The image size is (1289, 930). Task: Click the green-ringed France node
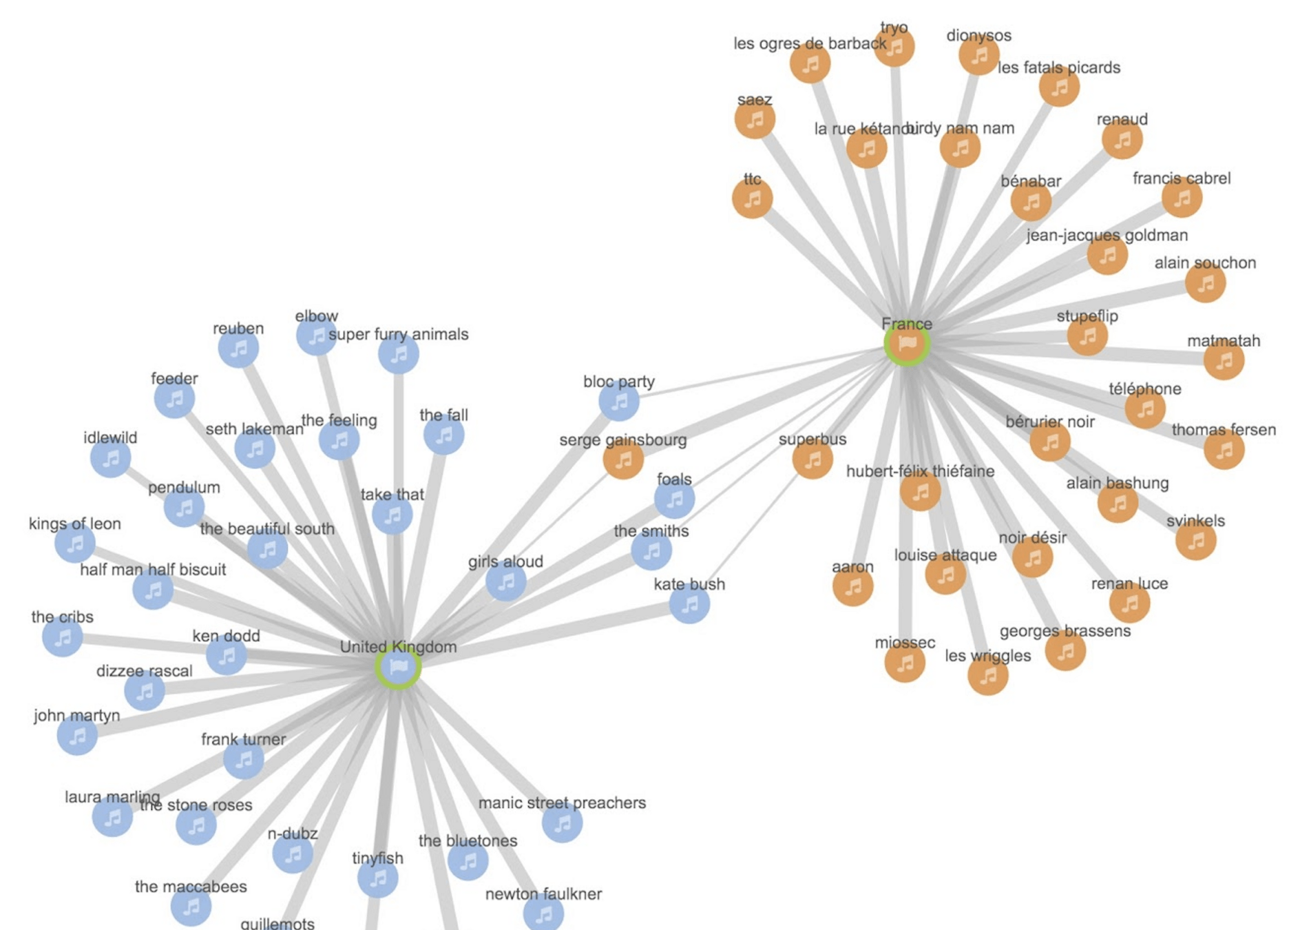[907, 343]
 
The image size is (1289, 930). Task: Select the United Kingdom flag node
[398, 666]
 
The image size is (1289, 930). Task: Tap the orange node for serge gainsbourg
[623, 459]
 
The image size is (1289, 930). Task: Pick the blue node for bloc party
[618, 401]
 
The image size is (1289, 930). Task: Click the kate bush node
[689, 604]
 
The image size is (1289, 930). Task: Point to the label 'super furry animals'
[398, 335]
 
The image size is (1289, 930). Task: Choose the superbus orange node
[813, 459]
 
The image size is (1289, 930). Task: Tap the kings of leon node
[75, 543]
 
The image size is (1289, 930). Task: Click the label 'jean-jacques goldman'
[1107, 236]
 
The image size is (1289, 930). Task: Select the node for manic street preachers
[562, 823]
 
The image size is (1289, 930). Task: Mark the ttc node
[753, 199]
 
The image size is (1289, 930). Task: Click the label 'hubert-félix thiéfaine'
[920, 471]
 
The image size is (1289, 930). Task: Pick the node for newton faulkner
[544, 913]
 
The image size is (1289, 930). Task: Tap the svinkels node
[1195, 541]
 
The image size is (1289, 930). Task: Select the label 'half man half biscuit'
[153, 570]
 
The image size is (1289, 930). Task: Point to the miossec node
[905, 663]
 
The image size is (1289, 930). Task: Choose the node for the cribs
[63, 637]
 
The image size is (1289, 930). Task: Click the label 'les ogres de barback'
[809, 43]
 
